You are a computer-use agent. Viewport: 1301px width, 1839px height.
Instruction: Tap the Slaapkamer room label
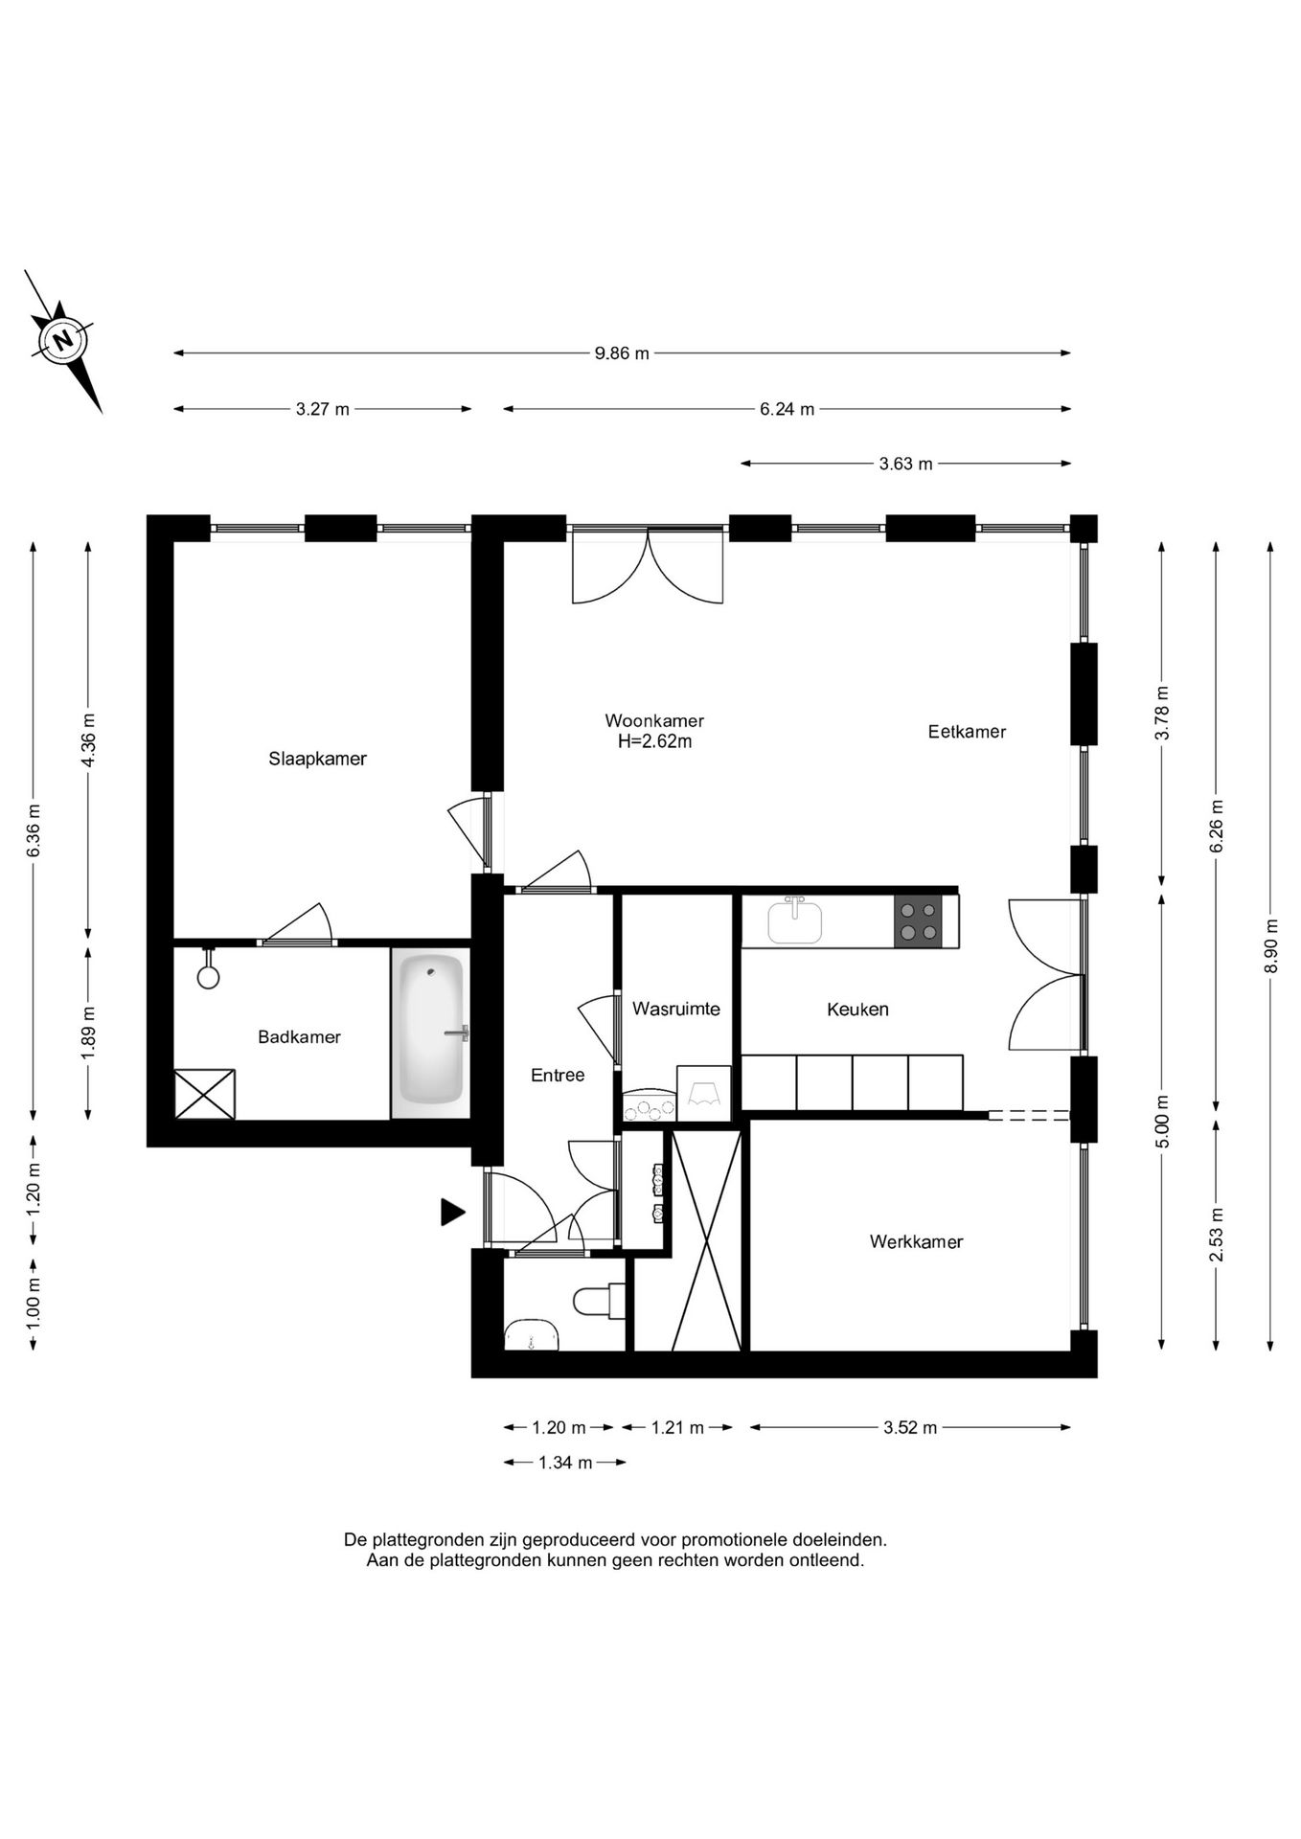[317, 759]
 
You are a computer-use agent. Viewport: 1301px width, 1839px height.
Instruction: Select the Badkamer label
[299, 1036]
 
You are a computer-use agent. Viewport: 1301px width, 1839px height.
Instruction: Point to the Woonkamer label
[654, 720]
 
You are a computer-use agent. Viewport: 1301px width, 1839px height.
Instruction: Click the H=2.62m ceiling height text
[654, 740]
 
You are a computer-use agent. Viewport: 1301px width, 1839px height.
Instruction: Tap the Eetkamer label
[967, 732]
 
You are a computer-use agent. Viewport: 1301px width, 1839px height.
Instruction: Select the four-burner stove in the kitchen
[918, 921]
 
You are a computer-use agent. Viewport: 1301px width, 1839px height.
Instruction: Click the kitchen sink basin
[794, 923]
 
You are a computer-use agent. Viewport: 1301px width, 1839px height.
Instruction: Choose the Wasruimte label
[675, 1009]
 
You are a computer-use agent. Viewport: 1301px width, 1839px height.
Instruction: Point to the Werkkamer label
[916, 1241]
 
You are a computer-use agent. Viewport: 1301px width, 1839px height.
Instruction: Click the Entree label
[558, 1075]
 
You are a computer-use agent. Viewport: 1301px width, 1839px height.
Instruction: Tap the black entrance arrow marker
[452, 1212]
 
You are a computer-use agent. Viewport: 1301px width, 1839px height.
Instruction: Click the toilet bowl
[594, 1301]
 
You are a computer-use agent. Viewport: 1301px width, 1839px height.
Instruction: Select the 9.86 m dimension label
[622, 353]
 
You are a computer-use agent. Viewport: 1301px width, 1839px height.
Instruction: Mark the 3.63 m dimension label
[905, 465]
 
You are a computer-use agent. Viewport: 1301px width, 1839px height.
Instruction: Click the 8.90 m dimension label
[1271, 946]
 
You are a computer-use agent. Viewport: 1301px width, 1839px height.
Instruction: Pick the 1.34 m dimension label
[565, 1463]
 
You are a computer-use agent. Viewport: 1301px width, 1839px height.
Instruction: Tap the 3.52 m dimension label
[910, 1427]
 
